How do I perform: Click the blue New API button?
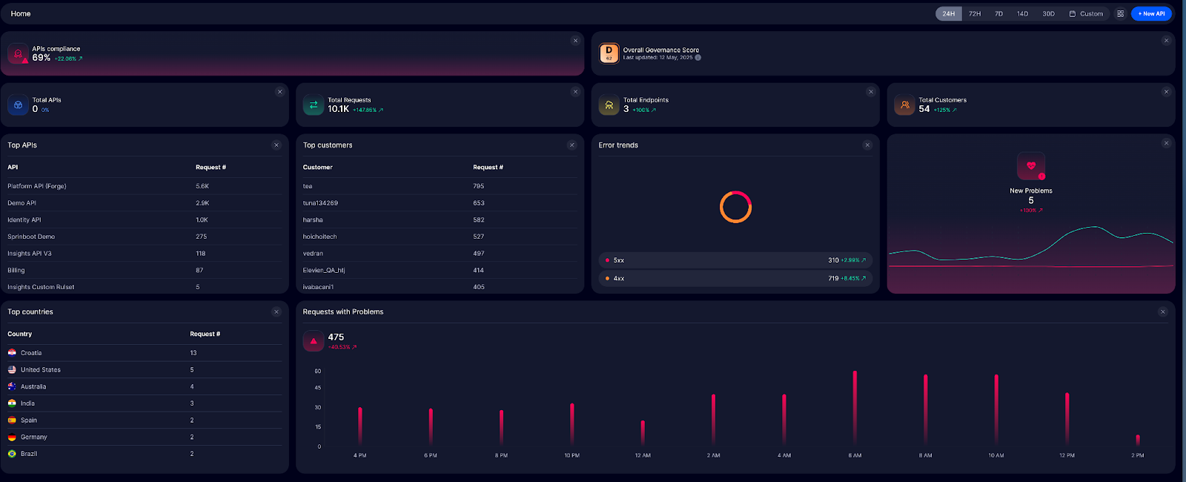1151,13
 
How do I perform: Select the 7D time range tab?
998,13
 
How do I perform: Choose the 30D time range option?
1048,13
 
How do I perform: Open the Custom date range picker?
1086,13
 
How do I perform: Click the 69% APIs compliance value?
42,58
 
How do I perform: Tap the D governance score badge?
609,53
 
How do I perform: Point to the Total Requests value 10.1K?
339,109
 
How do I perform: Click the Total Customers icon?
904,105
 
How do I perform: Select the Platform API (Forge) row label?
37,186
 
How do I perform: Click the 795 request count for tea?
479,186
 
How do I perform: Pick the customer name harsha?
313,219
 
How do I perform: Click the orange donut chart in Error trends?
735,207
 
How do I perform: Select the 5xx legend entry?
618,260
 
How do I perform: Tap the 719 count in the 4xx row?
833,278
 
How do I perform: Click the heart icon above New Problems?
1030,166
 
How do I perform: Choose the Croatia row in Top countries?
31,353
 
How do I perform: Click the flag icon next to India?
12,403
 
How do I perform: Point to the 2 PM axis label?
1138,455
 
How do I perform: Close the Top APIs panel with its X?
276,145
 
